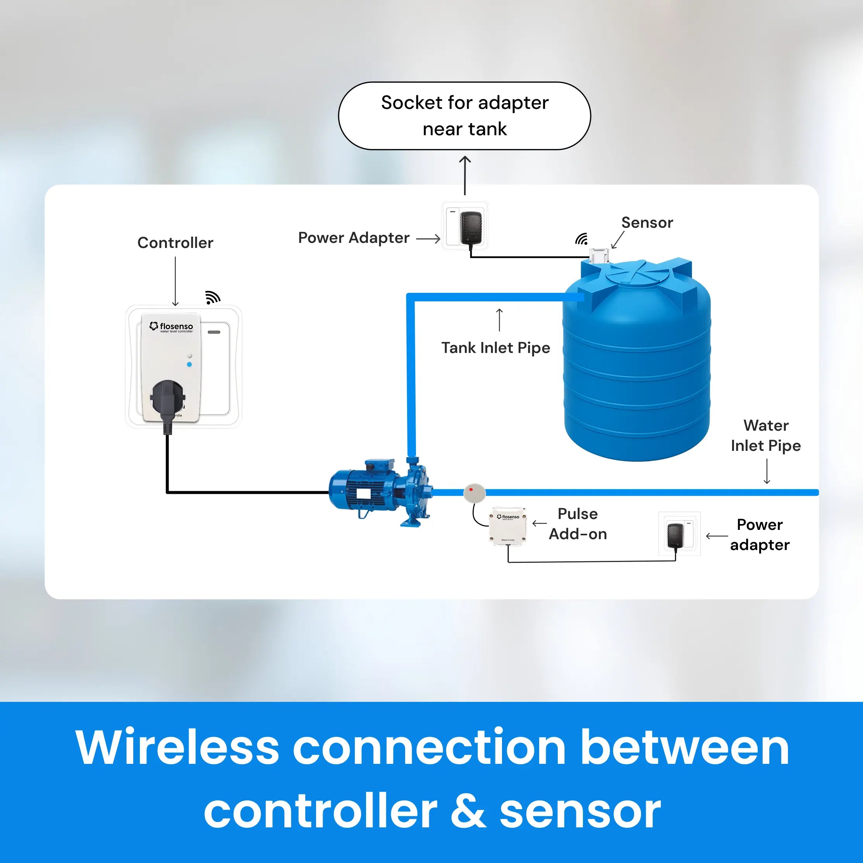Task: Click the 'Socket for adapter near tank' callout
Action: pyautogui.click(x=464, y=116)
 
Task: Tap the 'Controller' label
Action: pyautogui.click(x=175, y=242)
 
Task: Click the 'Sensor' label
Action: pyautogui.click(x=647, y=222)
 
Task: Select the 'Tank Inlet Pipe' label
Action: pyautogui.click(x=495, y=347)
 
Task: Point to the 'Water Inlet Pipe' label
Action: pyautogui.click(x=766, y=435)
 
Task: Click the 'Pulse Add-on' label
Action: pyautogui.click(x=578, y=524)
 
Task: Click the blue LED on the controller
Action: pyautogui.click(x=189, y=364)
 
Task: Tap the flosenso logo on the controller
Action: pyautogui.click(x=172, y=327)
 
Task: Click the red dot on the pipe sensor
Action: pyautogui.click(x=471, y=490)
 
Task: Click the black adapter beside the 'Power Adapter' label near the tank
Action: pyautogui.click(x=471, y=226)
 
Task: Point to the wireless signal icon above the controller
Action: pyautogui.click(x=213, y=297)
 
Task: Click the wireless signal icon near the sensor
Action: pyautogui.click(x=581, y=239)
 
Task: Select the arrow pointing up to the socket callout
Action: pyautogui.click(x=465, y=175)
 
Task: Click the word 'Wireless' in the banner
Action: pyautogui.click(x=177, y=748)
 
